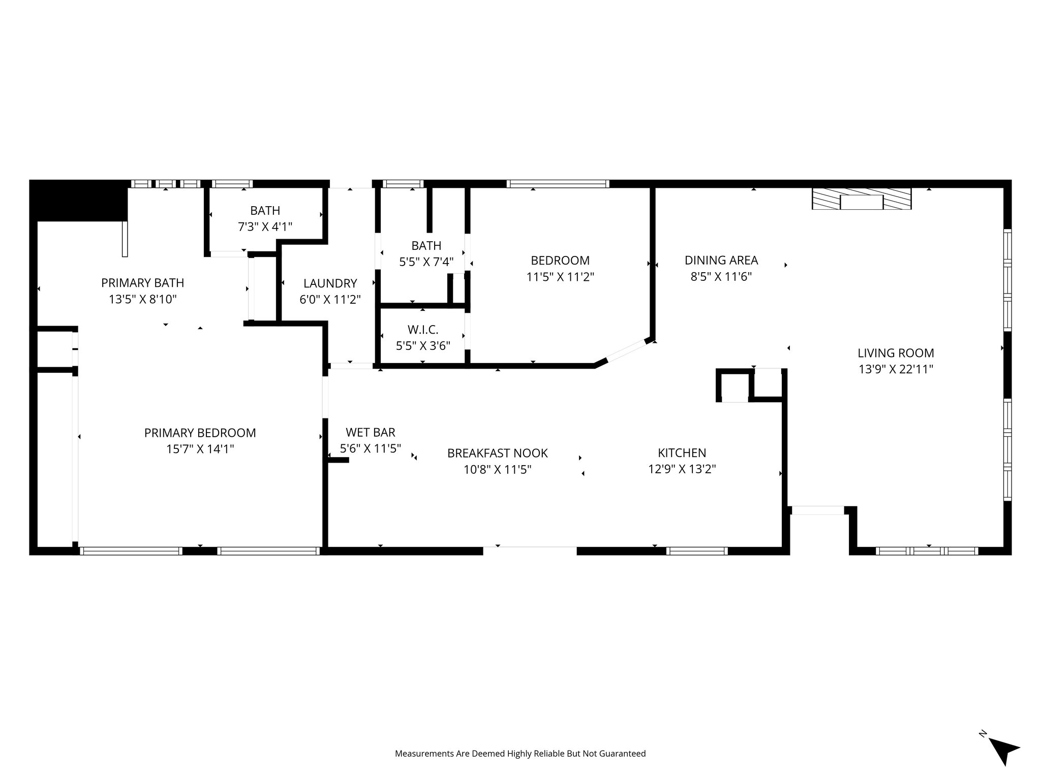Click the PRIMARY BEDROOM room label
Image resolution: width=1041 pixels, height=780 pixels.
pos(200,433)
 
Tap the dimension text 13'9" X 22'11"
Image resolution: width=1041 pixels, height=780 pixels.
pos(896,369)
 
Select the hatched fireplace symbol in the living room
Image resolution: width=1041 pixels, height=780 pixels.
pos(861,199)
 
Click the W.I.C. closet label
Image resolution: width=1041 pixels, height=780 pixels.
pos(422,330)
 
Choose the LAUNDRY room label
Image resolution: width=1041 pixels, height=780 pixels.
pos(330,283)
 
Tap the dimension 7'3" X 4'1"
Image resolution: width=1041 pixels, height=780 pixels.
pos(265,226)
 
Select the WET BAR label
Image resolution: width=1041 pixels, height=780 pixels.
pos(370,432)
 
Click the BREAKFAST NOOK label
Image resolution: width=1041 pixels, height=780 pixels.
pos(497,453)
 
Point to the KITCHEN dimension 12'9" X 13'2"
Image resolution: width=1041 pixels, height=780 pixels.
pos(682,469)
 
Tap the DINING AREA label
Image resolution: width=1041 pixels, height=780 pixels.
pos(721,261)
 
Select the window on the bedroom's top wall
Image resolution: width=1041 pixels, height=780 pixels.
pos(558,184)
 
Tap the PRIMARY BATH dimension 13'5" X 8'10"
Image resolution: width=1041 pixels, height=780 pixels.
pos(142,299)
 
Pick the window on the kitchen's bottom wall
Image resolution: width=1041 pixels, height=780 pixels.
pos(696,551)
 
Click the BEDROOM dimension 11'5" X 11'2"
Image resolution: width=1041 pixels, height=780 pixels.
pos(560,277)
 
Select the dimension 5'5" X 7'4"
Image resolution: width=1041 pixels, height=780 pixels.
pos(426,262)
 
